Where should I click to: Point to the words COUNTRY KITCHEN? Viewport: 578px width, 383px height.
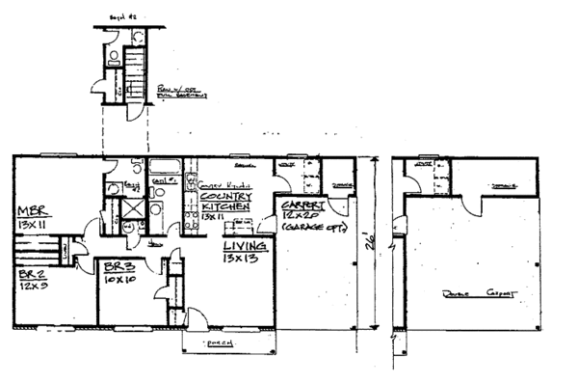click(226, 201)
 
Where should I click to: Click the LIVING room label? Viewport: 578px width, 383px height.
click(246, 247)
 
